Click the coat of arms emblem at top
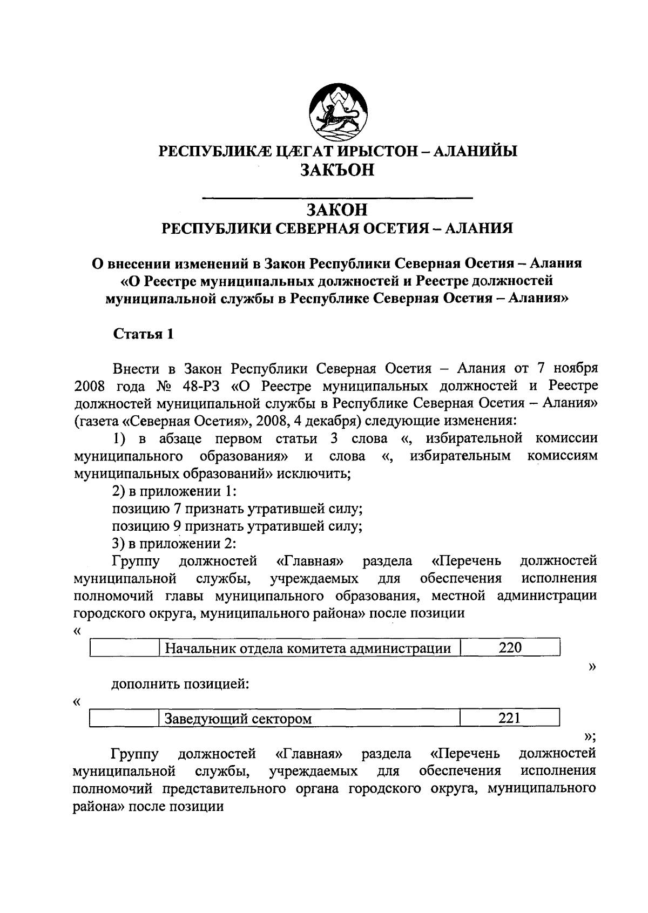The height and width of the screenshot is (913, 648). click(338, 111)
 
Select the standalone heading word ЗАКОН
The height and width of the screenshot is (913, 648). click(337, 209)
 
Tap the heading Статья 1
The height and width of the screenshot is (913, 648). click(143, 334)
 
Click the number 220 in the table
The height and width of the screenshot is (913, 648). click(510, 648)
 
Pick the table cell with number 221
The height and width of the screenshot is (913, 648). click(509, 718)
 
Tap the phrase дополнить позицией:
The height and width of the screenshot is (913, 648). click(180, 684)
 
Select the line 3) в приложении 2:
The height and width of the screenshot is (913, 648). click(174, 544)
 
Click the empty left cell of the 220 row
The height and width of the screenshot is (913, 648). click(124, 648)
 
